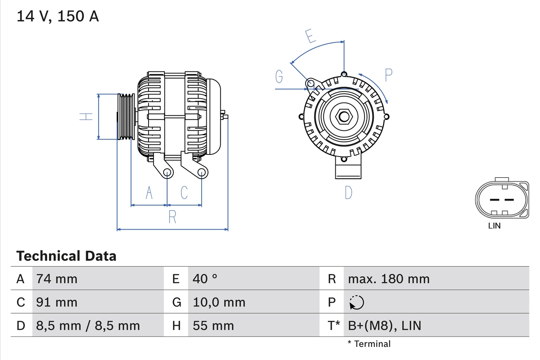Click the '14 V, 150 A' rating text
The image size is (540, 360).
[57, 16]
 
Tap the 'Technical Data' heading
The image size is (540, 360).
[66, 256]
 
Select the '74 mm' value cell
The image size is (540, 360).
[57, 279]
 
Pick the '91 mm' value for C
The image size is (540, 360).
[57, 302]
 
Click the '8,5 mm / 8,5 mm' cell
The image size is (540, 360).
[88, 325]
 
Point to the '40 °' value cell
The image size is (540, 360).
[205, 279]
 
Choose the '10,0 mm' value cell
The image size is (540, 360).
[219, 302]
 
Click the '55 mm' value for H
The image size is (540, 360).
[213, 325]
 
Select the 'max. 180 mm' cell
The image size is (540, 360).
[389, 279]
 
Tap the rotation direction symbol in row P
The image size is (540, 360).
[356, 302]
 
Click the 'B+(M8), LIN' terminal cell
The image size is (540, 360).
[384, 325]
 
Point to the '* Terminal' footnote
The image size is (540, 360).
[369, 344]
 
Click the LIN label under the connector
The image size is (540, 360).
[494, 226]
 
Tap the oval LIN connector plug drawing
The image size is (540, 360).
[502, 200]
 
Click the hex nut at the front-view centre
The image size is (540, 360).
[344, 116]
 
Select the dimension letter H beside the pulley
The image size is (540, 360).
[86, 116]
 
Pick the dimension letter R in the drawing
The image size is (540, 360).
[172, 217]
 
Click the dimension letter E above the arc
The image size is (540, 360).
[310, 37]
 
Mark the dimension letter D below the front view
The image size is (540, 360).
[348, 192]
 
